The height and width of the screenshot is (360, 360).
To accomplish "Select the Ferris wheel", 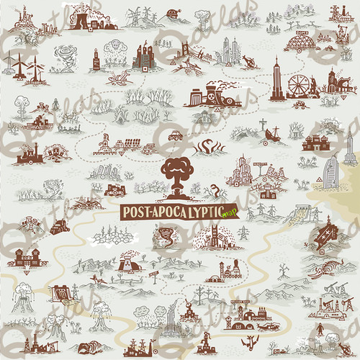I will [298, 86].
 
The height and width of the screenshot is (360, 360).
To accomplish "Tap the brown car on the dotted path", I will [175, 134].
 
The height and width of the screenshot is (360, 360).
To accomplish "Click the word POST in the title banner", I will [138, 212].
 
